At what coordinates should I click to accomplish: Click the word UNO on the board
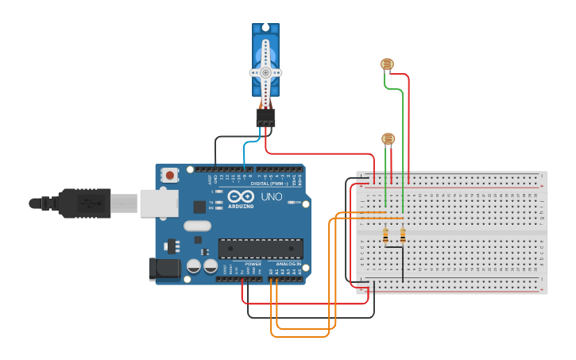[272, 196]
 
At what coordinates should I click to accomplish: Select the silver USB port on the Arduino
[158, 203]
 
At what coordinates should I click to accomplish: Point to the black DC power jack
[164, 269]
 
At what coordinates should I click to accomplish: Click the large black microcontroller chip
[260, 248]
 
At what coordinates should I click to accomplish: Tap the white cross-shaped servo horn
[265, 72]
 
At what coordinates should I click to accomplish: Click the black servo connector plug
[265, 118]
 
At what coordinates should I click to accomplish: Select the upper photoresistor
[387, 64]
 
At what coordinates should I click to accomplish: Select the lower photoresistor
[388, 139]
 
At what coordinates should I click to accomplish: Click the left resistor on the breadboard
[385, 236]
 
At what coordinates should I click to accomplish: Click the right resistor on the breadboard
[402, 236]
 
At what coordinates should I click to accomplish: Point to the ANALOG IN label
[288, 263]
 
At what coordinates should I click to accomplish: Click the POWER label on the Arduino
[253, 263]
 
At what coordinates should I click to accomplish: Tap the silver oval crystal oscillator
[198, 226]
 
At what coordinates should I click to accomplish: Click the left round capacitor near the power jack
[193, 266]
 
